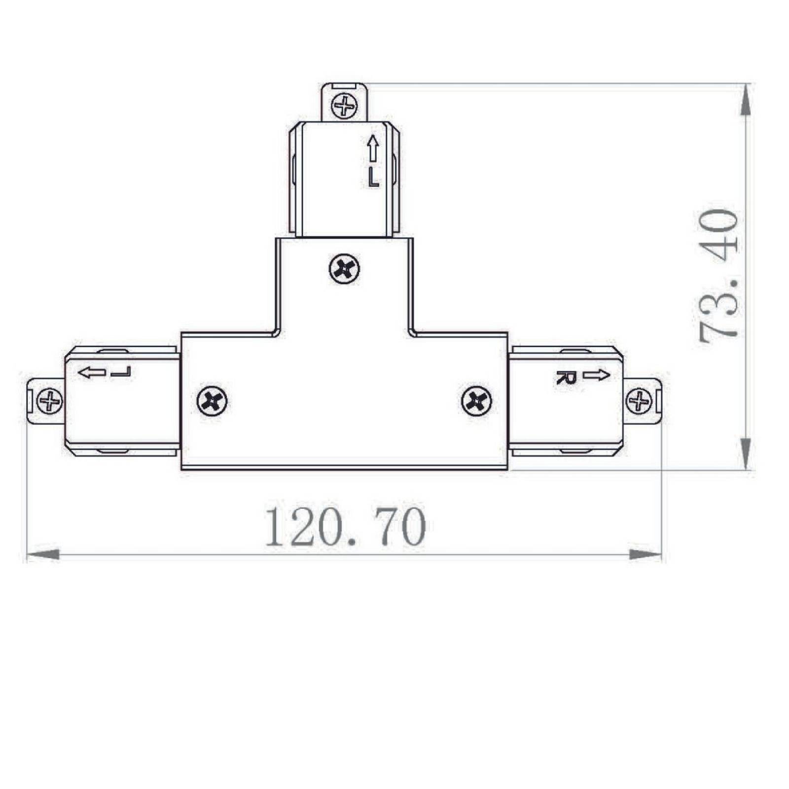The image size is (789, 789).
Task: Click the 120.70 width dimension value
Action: (346, 526)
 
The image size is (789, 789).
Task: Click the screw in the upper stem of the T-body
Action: (344, 269)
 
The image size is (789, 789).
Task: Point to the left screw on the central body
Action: (212, 401)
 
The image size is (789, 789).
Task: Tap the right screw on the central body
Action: (476, 401)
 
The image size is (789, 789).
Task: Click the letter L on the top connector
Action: (373, 178)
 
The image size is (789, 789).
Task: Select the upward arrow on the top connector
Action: (373, 148)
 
